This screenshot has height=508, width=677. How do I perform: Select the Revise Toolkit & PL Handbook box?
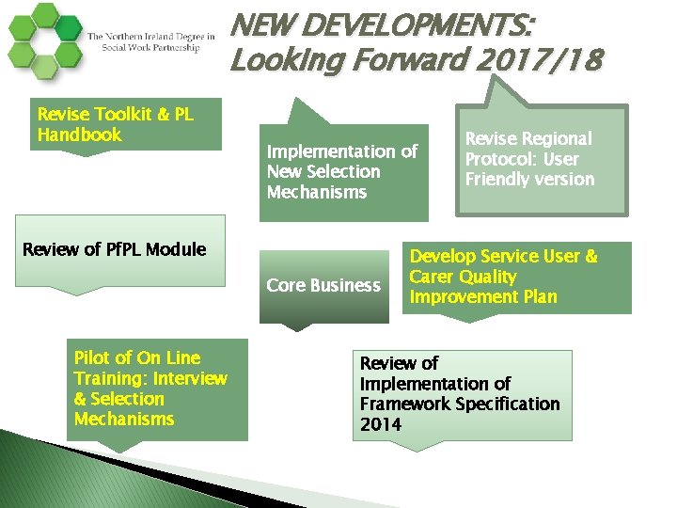[x=127, y=124]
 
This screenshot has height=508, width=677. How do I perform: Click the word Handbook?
[x=80, y=135]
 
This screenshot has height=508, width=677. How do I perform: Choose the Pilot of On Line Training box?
[x=157, y=389]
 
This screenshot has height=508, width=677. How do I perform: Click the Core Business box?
[x=324, y=285]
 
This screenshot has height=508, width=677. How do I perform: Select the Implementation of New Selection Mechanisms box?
[x=343, y=170]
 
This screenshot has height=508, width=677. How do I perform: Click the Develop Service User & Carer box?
[x=517, y=277]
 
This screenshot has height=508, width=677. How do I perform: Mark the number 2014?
[x=381, y=424]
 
